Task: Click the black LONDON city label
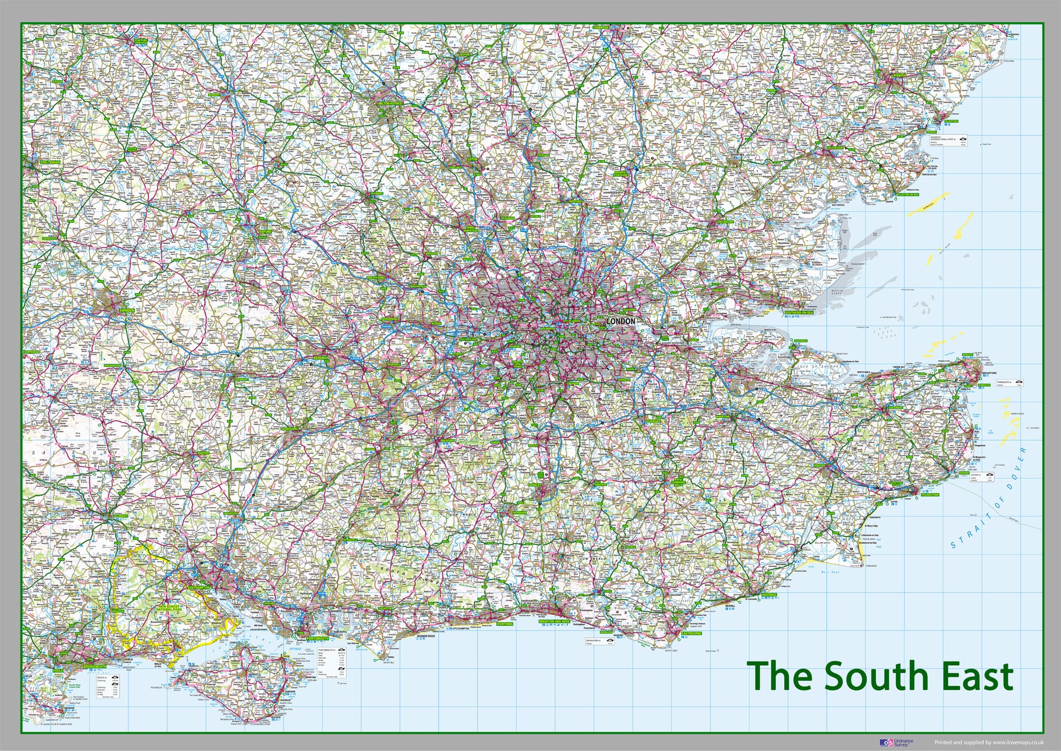tap(620, 321)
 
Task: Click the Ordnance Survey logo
tap(896, 743)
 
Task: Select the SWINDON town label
tap(126, 311)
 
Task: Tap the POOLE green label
tap(58, 671)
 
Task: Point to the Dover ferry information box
tap(982, 477)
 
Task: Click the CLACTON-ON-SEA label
tap(910, 195)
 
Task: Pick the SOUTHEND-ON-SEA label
tap(798, 313)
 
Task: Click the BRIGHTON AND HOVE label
tap(554, 623)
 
